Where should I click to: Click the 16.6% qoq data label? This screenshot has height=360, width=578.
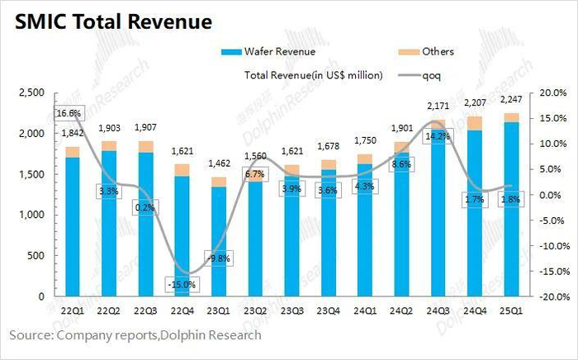coord(69,113)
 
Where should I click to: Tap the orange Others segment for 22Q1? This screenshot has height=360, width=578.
coord(73,152)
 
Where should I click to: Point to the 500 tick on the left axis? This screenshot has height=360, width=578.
coord(36,256)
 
